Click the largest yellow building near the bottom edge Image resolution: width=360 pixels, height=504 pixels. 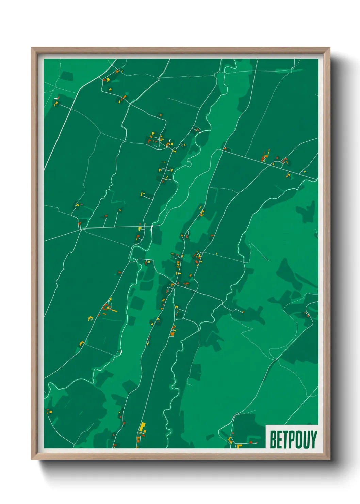(143, 427)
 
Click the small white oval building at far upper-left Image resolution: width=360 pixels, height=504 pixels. (56, 99)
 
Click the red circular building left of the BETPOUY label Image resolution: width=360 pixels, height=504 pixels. (251, 442)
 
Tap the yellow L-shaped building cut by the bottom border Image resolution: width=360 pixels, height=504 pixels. (239, 445)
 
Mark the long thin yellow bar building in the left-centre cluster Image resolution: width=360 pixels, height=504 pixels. (113, 311)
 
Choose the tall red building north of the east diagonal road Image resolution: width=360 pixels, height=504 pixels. (262, 158)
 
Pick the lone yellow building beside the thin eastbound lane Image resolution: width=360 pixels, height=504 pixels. (216, 253)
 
